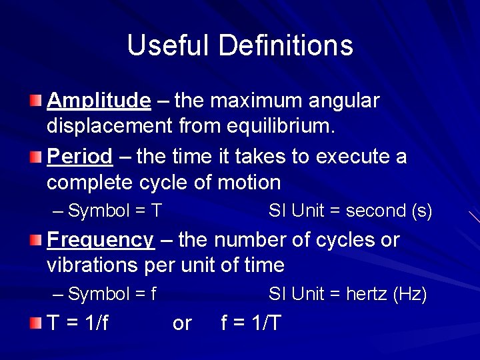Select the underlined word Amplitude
99,101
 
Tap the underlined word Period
80,157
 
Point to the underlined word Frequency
100,240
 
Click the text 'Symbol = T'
115,211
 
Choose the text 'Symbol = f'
113,294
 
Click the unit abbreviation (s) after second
422,211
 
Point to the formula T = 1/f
79,323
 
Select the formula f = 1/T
251,323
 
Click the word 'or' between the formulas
182,323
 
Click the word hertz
367,294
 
